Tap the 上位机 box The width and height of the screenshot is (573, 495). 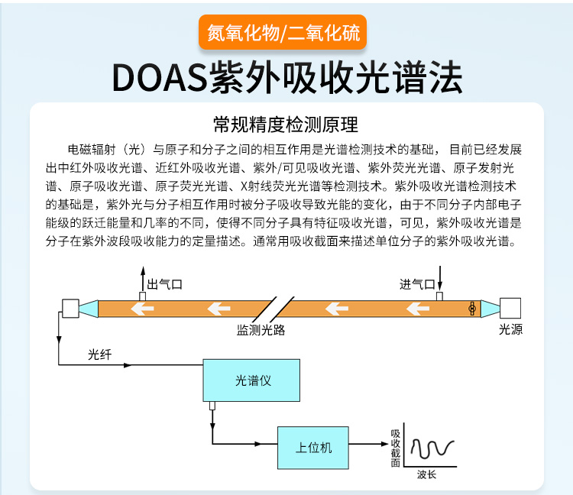pos(313,448)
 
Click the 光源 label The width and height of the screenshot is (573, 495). pos(510,330)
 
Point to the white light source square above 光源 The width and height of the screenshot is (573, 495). pos(510,308)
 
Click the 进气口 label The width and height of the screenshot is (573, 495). pos(417,284)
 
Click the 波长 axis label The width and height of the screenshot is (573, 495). pos(426,474)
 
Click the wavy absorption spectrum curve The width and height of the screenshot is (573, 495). pos(432,447)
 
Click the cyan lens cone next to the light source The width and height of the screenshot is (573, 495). pos(489,309)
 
